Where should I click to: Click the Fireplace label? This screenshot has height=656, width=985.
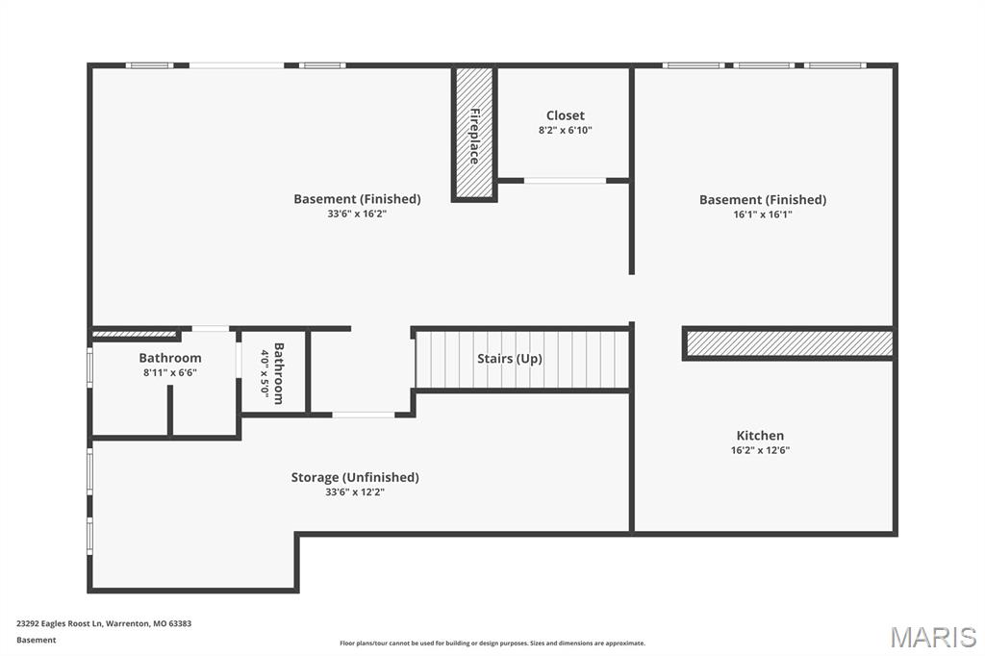474,136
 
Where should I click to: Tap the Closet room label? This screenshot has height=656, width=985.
565,115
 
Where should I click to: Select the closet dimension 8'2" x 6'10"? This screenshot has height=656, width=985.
565,130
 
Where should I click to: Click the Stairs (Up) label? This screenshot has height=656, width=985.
510,359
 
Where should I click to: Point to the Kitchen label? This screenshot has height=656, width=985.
760,436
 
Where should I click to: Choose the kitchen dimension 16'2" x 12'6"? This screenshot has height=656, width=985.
760,450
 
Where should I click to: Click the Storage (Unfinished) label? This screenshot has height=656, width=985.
355,477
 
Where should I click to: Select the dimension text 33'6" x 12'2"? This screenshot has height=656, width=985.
355,492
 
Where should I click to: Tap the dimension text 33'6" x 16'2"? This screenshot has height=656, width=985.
357,214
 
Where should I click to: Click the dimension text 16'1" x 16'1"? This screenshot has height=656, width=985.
762,214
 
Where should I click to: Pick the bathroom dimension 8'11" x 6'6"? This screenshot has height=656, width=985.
169,372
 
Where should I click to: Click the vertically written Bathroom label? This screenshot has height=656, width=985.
279,373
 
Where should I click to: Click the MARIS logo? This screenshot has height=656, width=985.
932,637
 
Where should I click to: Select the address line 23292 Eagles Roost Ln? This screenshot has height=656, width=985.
104,623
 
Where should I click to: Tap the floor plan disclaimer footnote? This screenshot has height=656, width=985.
492,643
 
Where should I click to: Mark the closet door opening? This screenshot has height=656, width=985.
565,180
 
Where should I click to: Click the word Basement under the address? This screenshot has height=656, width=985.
37,640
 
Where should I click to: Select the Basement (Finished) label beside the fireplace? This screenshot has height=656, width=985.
357,199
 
